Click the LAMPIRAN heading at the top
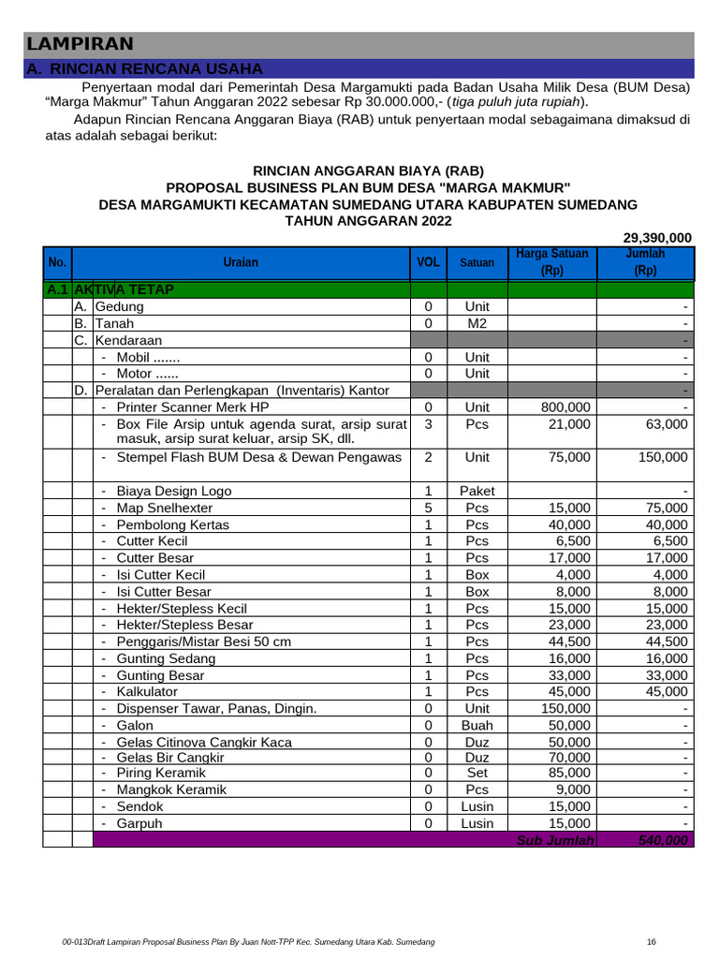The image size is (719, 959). pos(80,44)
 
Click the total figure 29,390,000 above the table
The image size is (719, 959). pos(657,238)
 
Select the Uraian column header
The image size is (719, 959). pos(241,263)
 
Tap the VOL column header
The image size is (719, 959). pos(428,263)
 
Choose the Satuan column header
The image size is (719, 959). pos(477,263)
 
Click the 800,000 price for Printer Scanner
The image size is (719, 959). pos(566,407)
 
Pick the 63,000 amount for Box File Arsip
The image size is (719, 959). pos(668,424)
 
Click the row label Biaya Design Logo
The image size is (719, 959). pos(173,491)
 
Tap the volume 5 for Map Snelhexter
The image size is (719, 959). pos(428,508)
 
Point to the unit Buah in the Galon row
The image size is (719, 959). pos(477,726)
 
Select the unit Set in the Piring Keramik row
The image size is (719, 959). pos(477,773)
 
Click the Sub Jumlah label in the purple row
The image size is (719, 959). pos(555,840)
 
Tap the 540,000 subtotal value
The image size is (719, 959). pos(662,840)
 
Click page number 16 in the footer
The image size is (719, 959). pos(653,941)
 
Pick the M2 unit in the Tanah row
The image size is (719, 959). pos(477,323)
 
